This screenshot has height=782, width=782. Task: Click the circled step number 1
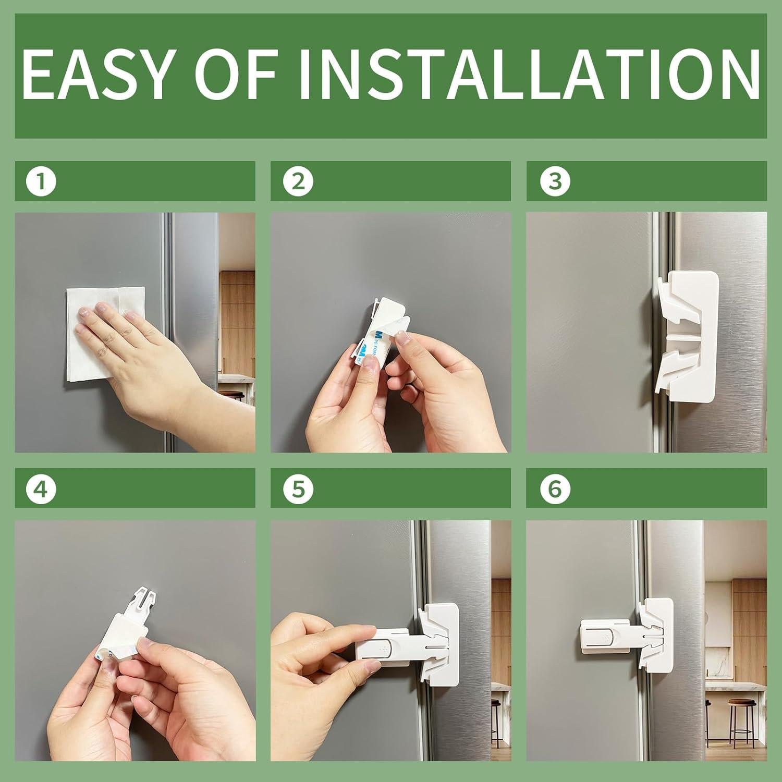41,181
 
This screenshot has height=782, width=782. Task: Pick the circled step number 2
297,181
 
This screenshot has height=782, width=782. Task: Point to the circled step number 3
553,181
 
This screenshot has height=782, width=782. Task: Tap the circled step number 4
41,489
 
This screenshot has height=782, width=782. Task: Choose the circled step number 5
297,489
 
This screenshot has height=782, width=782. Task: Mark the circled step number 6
553,489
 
